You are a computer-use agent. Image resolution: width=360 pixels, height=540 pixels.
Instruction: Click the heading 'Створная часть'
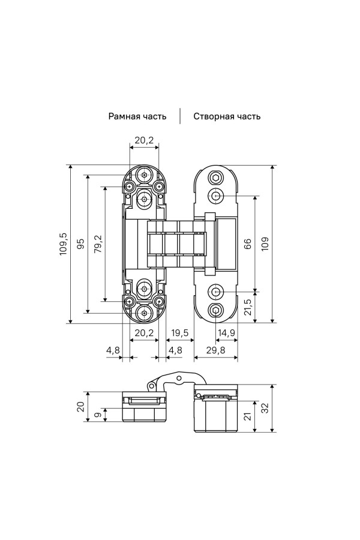coord(227,116)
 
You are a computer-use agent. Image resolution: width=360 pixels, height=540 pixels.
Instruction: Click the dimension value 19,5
coord(180,333)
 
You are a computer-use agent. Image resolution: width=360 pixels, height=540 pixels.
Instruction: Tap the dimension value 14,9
coord(226,333)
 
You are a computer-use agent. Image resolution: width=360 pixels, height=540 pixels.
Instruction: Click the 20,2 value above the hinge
coord(144,140)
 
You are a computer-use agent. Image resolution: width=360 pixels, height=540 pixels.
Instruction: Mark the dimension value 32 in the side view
coord(265,408)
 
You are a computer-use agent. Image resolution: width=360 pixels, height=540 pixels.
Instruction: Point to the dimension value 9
coord(98,414)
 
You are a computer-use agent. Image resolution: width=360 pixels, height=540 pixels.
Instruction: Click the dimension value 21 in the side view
coord(247,416)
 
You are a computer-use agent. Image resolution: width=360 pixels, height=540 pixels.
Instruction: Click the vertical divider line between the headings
coord(180,116)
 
